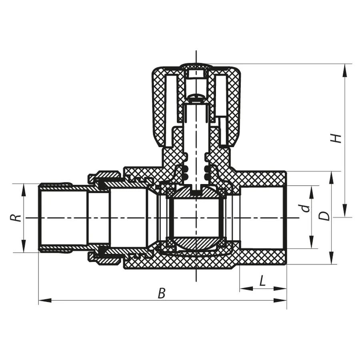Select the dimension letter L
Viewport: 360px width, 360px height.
(262, 281)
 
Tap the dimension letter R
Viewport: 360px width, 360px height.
(15, 218)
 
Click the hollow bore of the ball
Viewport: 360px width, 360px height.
(196, 218)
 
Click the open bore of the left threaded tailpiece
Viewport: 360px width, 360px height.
(64, 218)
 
